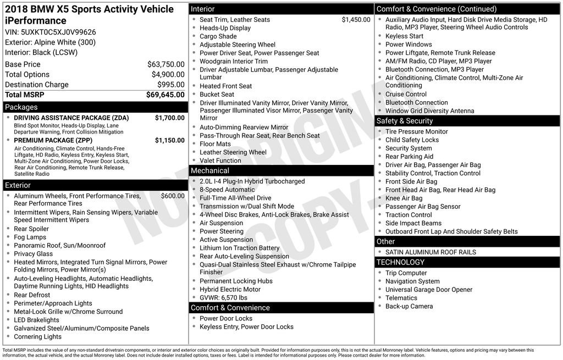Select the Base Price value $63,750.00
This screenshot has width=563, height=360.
click(165, 64)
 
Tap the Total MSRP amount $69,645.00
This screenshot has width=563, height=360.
click(165, 95)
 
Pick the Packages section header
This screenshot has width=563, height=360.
click(21, 107)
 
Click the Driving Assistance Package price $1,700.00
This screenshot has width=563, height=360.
click(169, 118)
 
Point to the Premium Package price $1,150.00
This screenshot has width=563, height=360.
click(169, 141)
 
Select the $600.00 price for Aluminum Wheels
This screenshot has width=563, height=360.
click(173, 196)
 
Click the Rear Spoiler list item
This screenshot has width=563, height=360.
click(31, 229)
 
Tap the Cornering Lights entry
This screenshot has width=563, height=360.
click(37, 337)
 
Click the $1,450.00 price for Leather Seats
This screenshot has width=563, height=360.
click(356, 20)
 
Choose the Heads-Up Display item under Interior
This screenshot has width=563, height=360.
click(225, 28)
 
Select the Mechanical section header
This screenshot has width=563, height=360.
click(210, 171)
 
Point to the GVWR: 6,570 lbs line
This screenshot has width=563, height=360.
click(223, 298)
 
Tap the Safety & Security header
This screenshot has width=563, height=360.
click(405, 121)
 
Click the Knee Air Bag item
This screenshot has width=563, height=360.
click(404, 198)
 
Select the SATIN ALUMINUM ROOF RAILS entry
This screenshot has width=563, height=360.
click(430, 252)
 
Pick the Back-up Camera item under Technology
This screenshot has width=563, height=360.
click(409, 306)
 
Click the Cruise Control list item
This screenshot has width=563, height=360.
click(406, 94)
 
